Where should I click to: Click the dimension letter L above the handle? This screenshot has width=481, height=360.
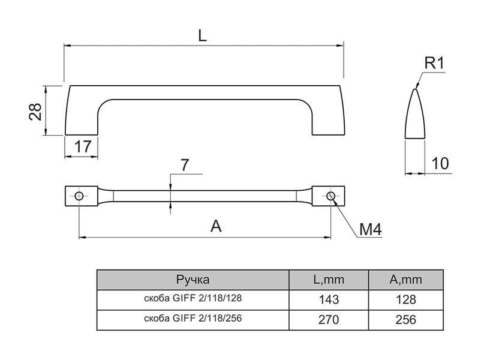pyautogui.click(x=203, y=36)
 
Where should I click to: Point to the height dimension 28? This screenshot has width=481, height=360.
pyautogui.click(x=35, y=111)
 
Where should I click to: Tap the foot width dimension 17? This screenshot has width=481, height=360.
pyautogui.click(x=83, y=147)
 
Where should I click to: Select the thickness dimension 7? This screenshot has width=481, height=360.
pyautogui.click(x=185, y=165)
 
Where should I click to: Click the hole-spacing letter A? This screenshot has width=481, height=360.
pyautogui.click(x=216, y=226)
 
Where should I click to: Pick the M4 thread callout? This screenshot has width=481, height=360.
pyautogui.click(x=370, y=229)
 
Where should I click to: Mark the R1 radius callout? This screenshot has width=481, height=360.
pyautogui.click(x=434, y=63)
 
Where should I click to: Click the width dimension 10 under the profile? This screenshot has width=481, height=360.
pyautogui.click(x=440, y=163)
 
